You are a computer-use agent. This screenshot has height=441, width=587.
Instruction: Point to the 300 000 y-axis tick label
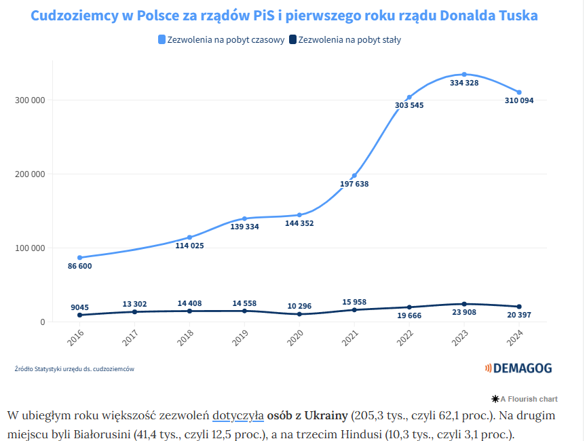click(x=29, y=100)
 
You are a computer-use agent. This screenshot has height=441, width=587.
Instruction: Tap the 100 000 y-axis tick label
click(x=29, y=248)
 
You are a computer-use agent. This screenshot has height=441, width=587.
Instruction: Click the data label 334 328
click(x=464, y=83)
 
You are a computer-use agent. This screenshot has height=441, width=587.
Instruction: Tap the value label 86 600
click(x=80, y=266)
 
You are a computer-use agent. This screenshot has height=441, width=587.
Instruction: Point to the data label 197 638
click(x=354, y=184)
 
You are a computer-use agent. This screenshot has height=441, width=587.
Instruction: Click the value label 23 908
click(x=464, y=314)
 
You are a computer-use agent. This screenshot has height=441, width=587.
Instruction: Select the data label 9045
click(x=79, y=307)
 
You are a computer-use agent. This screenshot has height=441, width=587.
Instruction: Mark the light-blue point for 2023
click(x=464, y=74)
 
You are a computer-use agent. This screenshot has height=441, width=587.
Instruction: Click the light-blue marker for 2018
click(x=189, y=237)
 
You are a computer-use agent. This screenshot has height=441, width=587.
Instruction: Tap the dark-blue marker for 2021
click(x=354, y=310)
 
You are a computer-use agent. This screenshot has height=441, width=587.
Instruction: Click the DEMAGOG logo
click(x=518, y=368)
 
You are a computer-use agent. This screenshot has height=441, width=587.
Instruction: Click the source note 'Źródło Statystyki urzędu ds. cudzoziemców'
click(x=75, y=369)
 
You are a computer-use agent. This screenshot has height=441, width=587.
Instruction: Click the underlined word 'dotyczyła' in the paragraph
click(x=238, y=415)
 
